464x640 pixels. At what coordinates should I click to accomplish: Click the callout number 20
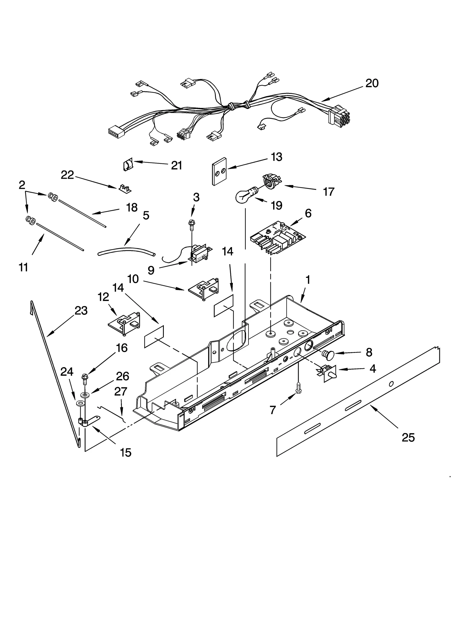pos(372,83)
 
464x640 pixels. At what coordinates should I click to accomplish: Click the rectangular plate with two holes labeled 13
pos(219,172)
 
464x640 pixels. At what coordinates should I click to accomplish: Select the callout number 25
pos(408,437)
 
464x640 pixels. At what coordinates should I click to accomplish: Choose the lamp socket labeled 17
pos(271,181)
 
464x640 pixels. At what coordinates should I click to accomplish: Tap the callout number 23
pos(81,311)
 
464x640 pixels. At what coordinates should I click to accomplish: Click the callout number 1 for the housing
pos(308,280)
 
